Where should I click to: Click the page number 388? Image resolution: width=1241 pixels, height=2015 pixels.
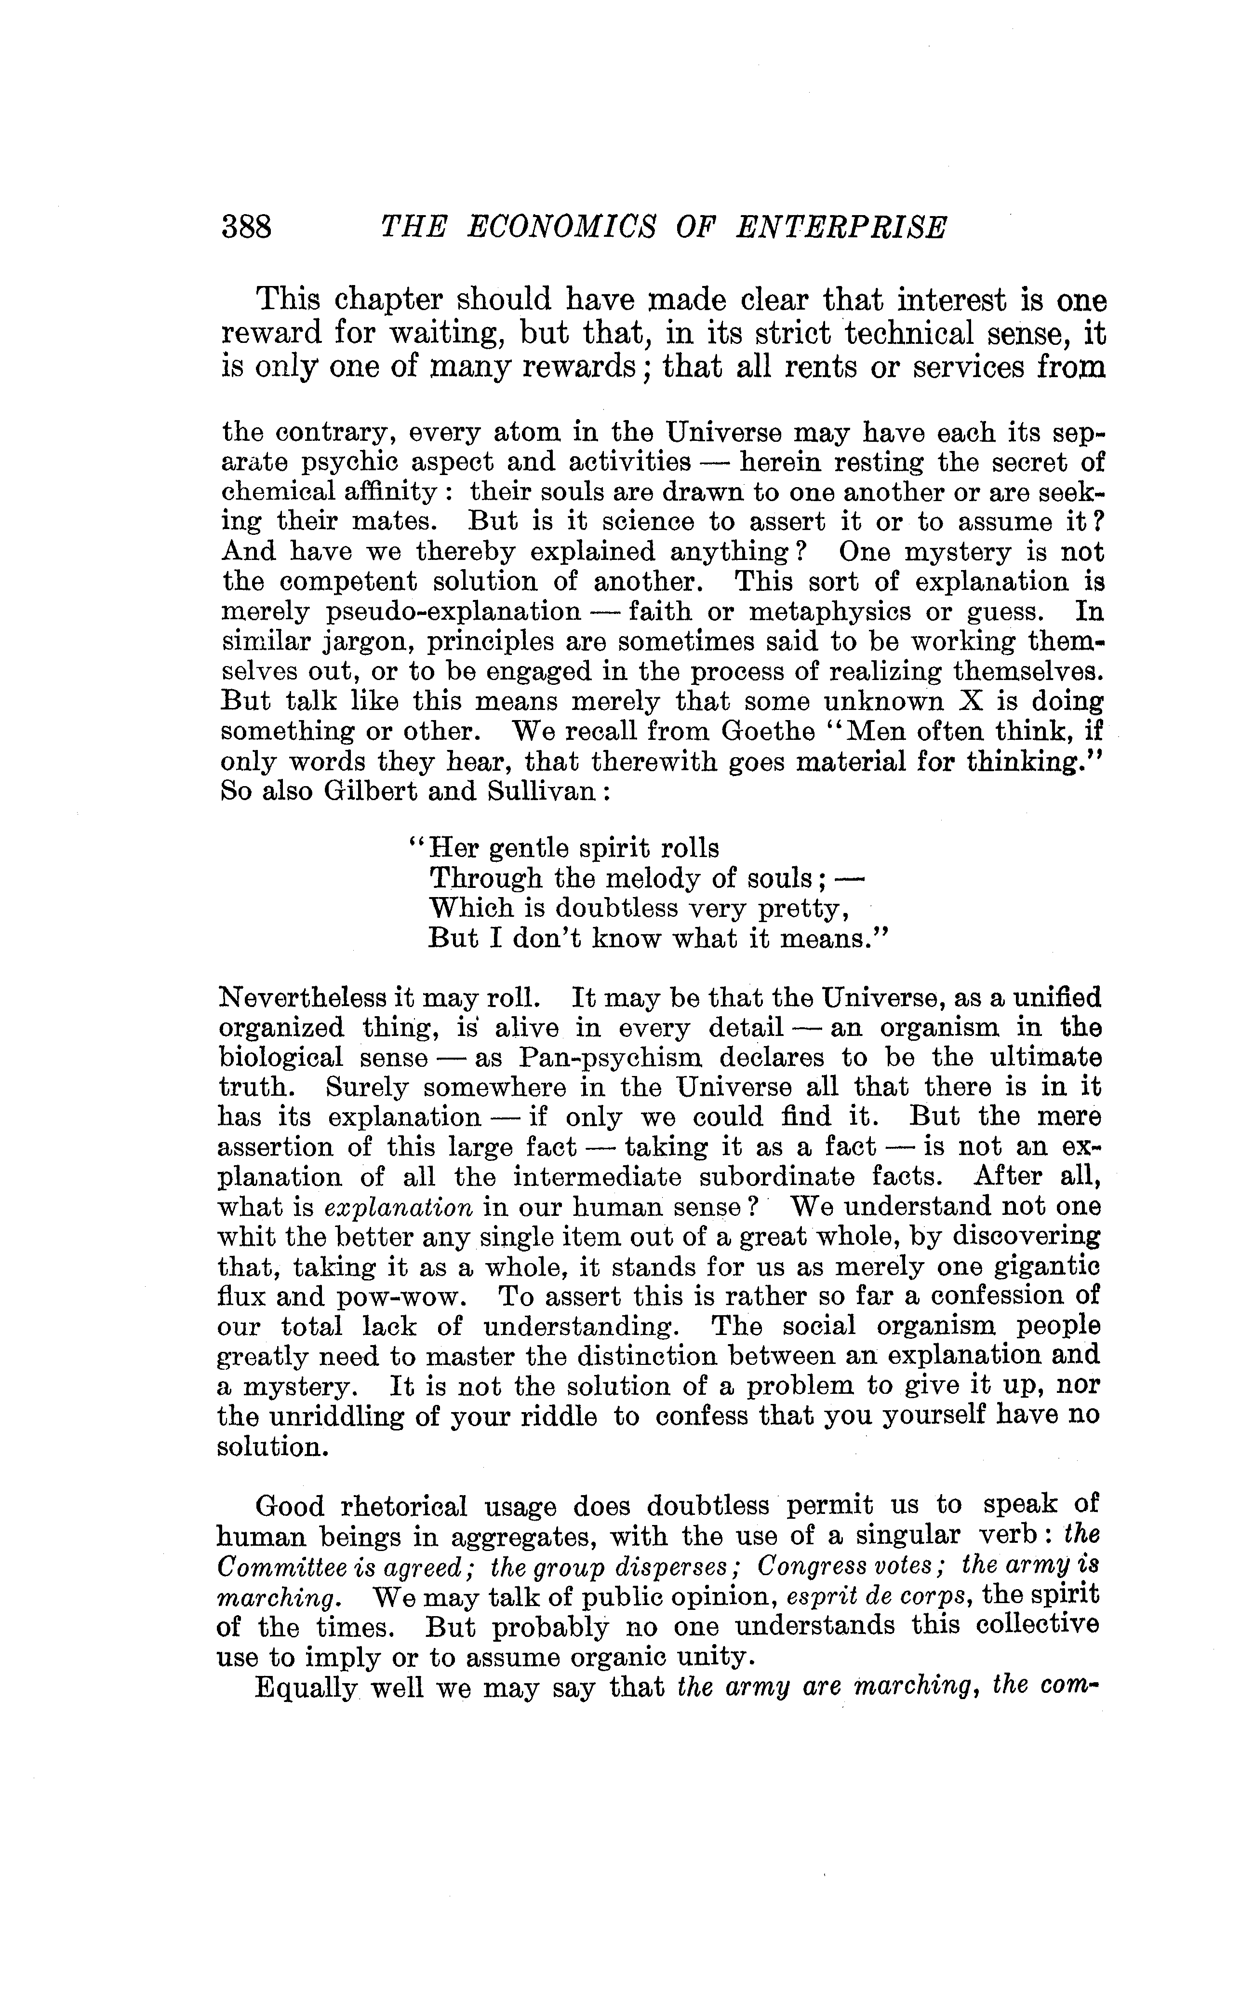(246, 227)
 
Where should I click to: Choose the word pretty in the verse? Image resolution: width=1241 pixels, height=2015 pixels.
(800, 908)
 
